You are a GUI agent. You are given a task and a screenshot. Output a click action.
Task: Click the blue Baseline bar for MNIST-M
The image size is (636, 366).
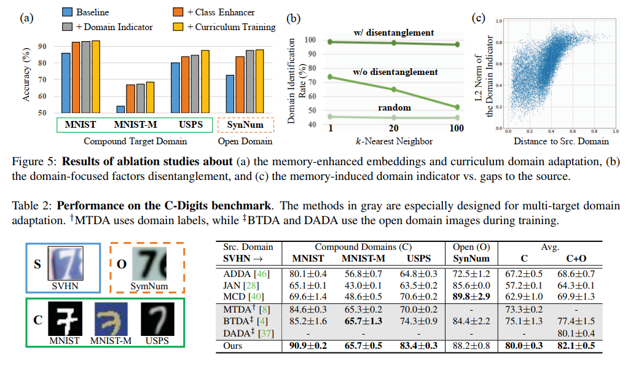point(120,109)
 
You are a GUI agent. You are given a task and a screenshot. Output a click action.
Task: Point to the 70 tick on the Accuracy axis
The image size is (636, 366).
point(43,79)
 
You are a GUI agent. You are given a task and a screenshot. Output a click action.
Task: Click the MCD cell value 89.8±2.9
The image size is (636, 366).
point(471,296)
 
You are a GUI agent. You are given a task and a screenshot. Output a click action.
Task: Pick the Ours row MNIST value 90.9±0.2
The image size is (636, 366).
point(308,345)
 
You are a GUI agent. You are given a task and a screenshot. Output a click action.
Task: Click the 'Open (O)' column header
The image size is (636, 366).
point(471,247)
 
